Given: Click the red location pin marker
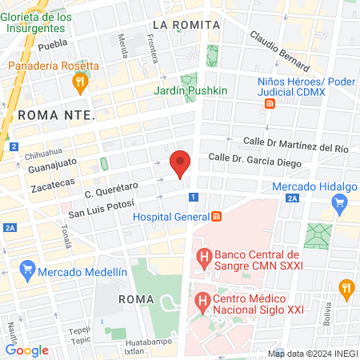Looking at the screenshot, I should click(181, 164).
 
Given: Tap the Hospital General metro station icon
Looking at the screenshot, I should click(215, 217).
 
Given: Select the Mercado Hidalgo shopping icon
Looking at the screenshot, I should click(339, 202).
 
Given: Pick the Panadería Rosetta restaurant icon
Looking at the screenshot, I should click(79, 82).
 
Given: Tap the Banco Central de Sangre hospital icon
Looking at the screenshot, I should click(204, 258).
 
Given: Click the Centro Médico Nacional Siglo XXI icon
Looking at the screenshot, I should click(202, 302).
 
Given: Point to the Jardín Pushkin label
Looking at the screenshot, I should click(190, 90).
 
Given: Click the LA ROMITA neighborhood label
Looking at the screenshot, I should click(186, 25).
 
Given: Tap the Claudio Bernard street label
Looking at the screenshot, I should click(278, 50).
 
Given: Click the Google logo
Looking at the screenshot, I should click(26, 350).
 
